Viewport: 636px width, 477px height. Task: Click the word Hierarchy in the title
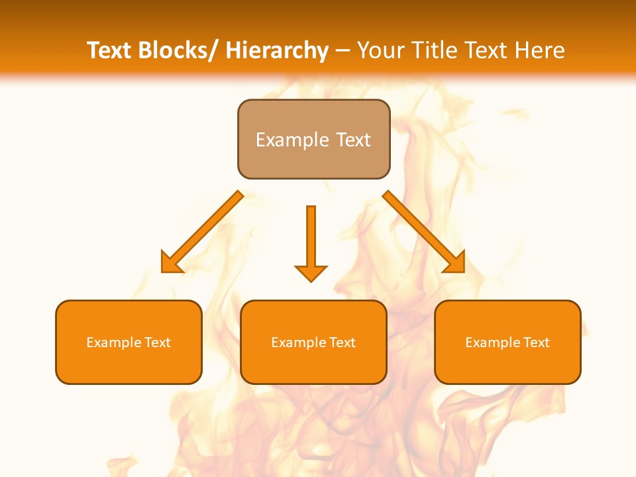tap(277, 50)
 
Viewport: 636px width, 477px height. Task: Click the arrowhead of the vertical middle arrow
tap(311, 273)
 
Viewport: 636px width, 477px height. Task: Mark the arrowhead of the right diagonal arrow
tap(456, 263)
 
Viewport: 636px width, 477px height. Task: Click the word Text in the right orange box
tap(537, 343)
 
